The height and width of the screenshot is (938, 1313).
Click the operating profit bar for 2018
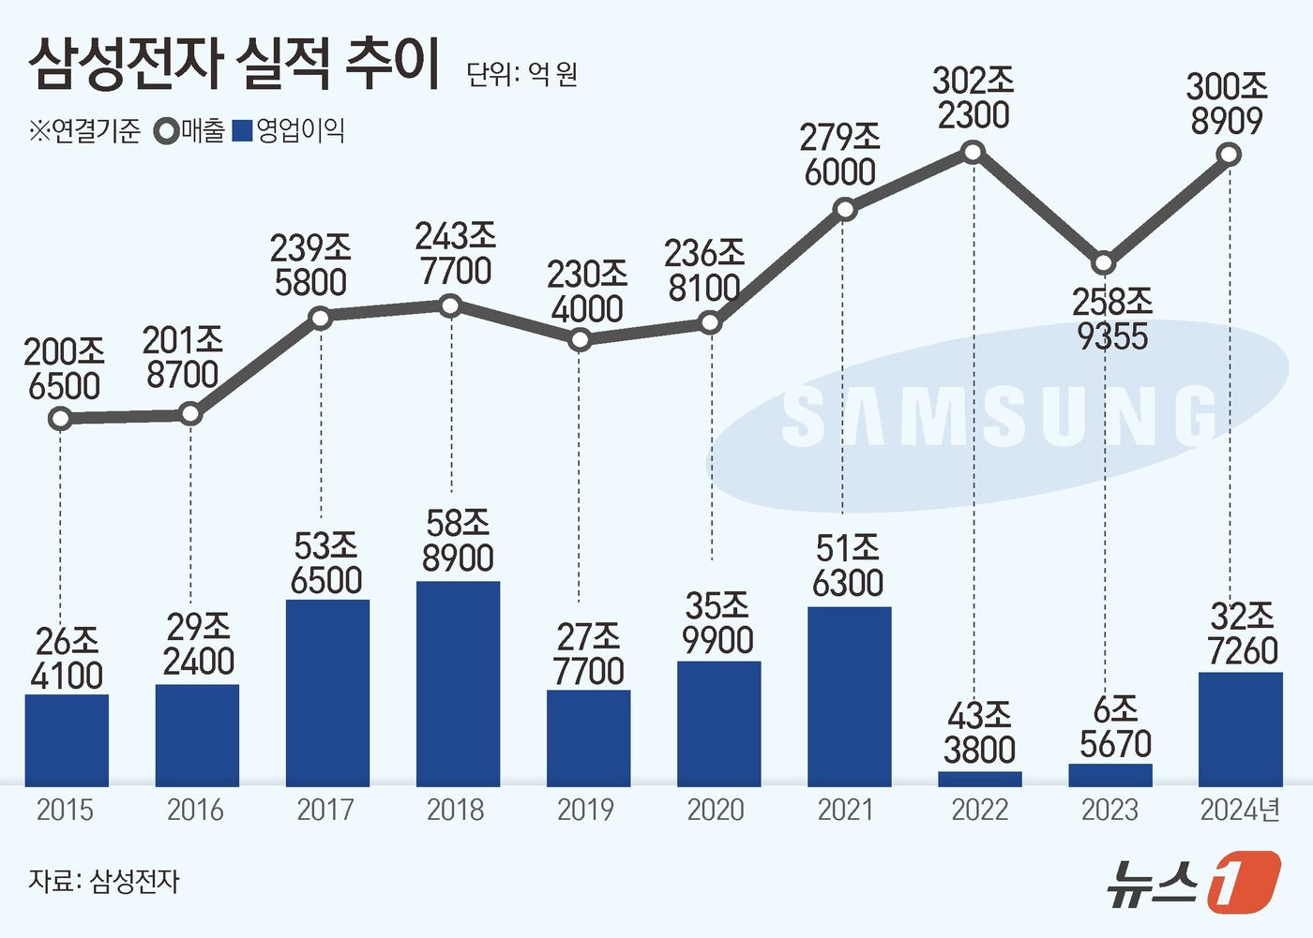[458, 684]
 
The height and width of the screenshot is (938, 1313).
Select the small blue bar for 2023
[1110, 775]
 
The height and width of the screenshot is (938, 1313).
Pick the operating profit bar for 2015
[67, 740]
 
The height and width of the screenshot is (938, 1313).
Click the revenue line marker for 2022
[974, 152]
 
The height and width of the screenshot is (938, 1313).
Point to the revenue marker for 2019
[580, 340]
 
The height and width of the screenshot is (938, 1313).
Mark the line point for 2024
[1230, 156]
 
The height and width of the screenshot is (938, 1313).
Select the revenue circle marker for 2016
[190, 413]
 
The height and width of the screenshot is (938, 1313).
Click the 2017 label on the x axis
[325, 810]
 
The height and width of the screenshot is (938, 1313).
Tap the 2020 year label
[716, 810]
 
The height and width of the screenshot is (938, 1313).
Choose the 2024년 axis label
[1240, 810]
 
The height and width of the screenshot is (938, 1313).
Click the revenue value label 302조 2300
[973, 98]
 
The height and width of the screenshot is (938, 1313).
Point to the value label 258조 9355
[1112, 319]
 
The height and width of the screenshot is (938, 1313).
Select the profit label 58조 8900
[458, 541]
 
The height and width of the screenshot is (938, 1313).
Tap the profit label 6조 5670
[1114, 726]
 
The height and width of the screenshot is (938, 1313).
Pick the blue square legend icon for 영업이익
[243, 131]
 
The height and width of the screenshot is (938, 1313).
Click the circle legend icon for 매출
[167, 131]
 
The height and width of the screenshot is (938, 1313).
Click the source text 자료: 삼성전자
[103, 881]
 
